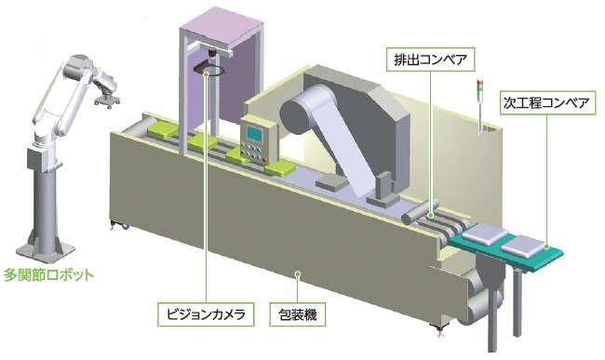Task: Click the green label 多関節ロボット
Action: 48,275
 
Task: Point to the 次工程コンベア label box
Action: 545,101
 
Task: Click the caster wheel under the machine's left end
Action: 116,223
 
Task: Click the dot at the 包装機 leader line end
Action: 298,273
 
